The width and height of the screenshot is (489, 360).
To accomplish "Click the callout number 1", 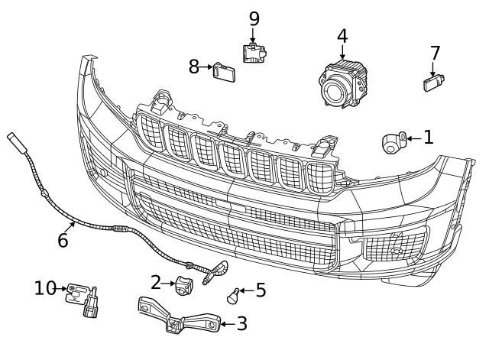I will pyautogui.click(x=428, y=138).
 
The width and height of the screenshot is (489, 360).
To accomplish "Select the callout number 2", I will pyautogui.click(x=156, y=283).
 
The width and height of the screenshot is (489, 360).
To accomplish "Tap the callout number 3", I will pyautogui.click(x=241, y=324).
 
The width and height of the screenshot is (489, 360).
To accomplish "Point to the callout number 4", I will pyautogui.click(x=342, y=36).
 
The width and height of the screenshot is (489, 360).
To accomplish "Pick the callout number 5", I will pyautogui.click(x=261, y=290).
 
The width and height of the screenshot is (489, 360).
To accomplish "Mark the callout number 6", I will pyautogui.click(x=63, y=240).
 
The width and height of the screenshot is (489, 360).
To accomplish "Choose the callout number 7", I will pyautogui.click(x=435, y=54).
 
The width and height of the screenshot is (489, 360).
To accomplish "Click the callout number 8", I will pyautogui.click(x=195, y=67).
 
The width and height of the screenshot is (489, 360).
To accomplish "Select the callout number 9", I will pyautogui.click(x=254, y=18).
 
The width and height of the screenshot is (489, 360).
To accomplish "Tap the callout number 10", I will pyautogui.click(x=46, y=288).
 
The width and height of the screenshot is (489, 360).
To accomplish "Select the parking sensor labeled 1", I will pyautogui.click(x=394, y=141).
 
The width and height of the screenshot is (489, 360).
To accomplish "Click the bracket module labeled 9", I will pyautogui.click(x=254, y=54).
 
